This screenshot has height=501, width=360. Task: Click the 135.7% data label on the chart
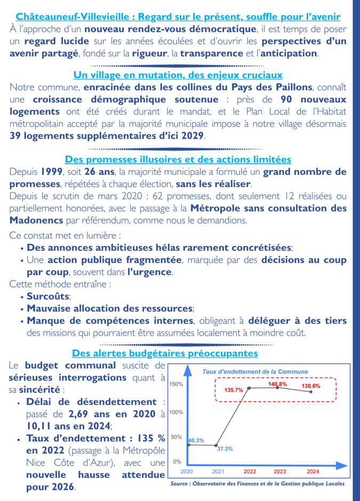[x=233, y=390]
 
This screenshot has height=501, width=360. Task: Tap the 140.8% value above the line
[x=277, y=384]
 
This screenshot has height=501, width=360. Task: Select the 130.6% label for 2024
[x=311, y=386]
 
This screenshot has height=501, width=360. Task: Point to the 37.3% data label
[x=225, y=449]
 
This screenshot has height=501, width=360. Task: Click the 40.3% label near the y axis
[x=196, y=441]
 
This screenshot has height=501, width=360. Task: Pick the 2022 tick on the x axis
[x=250, y=472]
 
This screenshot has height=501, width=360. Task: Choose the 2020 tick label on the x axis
[x=187, y=472]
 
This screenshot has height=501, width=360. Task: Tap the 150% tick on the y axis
[x=176, y=384]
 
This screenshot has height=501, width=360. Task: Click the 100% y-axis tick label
[x=176, y=412]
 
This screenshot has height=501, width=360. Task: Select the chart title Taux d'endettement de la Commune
[x=255, y=371]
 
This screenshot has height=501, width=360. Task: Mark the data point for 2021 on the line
[x=216, y=445]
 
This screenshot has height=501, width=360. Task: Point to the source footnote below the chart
[x=257, y=484]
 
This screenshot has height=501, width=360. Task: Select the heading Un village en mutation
[x=178, y=75]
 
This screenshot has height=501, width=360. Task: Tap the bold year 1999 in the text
[x=51, y=172]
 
